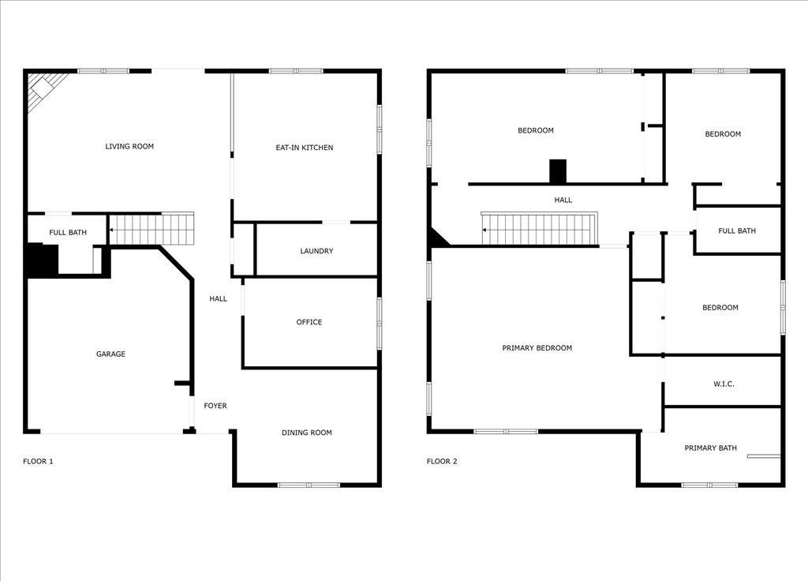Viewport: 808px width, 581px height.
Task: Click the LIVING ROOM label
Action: coord(129,146)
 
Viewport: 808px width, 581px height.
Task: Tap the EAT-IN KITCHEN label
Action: coord(305,148)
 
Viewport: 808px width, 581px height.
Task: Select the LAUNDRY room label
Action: coord(316,251)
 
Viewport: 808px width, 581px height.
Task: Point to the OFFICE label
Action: coord(309,322)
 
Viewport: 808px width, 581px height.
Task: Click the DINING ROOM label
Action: coord(307,433)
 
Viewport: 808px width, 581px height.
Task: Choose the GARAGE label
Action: coord(110,354)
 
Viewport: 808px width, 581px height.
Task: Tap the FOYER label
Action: coord(215,406)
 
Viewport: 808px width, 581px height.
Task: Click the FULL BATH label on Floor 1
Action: coord(68,233)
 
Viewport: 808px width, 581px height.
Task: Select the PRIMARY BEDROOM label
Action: coord(537,348)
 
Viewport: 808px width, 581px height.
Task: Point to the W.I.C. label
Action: coord(724,384)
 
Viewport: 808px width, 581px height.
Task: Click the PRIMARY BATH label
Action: coord(711,448)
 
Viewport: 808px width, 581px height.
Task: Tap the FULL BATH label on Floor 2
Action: coord(737,231)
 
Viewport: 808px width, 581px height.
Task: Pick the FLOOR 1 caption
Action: coord(38,462)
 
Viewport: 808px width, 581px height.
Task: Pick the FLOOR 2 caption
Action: coord(442,462)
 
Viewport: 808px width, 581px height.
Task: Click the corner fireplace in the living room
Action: coord(44,88)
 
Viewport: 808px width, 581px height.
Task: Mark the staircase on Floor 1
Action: coord(151,229)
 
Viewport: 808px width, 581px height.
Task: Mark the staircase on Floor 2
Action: coord(538,229)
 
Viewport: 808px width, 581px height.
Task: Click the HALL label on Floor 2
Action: coord(563,201)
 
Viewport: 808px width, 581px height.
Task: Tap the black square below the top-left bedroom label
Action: coord(558,171)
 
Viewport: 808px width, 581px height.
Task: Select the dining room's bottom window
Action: coord(309,485)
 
